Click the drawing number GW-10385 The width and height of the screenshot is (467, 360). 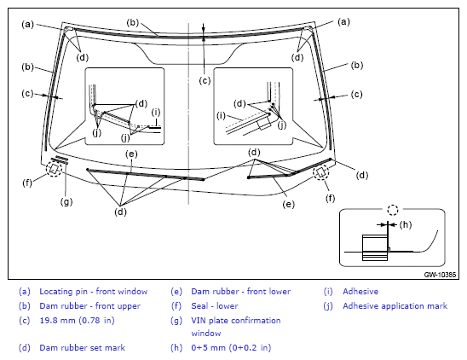(x=440, y=275)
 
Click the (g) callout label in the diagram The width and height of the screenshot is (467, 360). (x=66, y=202)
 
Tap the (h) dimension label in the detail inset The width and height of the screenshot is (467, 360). (x=406, y=224)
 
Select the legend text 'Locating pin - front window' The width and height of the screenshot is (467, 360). (x=94, y=292)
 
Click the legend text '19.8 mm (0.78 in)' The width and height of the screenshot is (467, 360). (x=78, y=320)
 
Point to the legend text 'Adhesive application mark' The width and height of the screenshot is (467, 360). (x=395, y=306)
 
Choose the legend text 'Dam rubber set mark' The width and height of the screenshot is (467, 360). (x=82, y=347)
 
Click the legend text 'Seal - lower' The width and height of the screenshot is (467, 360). (x=215, y=306)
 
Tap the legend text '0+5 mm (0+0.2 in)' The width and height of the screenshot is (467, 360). (x=231, y=347)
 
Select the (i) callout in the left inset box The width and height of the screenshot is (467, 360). (x=156, y=113)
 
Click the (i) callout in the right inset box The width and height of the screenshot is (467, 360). (x=221, y=116)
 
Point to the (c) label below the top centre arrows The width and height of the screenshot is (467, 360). (x=205, y=80)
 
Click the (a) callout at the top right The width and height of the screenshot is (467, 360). (x=343, y=22)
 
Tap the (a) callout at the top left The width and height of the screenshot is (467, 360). (x=28, y=24)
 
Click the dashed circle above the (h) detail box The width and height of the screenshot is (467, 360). (x=393, y=210)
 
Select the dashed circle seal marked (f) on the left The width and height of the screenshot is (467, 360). (x=54, y=169)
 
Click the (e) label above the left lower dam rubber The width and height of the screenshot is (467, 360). (x=131, y=154)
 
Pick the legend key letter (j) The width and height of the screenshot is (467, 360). (x=328, y=306)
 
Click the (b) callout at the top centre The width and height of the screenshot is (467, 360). (x=133, y=23)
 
